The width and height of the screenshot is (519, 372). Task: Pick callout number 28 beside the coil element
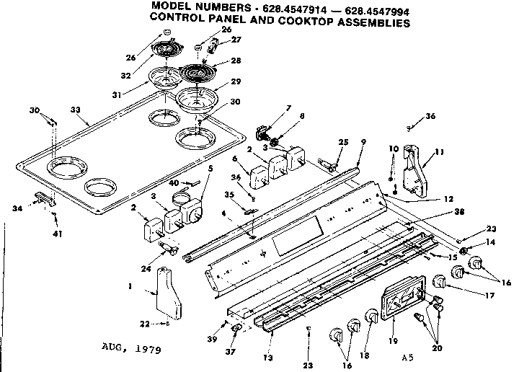pyautogui.click(x=236, y=61)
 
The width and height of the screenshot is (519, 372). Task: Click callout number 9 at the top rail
pyautogui.click(x=363, y=143)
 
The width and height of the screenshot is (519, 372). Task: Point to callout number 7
pyautogui.click(x=267, y=109)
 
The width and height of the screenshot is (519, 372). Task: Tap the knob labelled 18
pyautogui.click(x=371, y=317)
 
